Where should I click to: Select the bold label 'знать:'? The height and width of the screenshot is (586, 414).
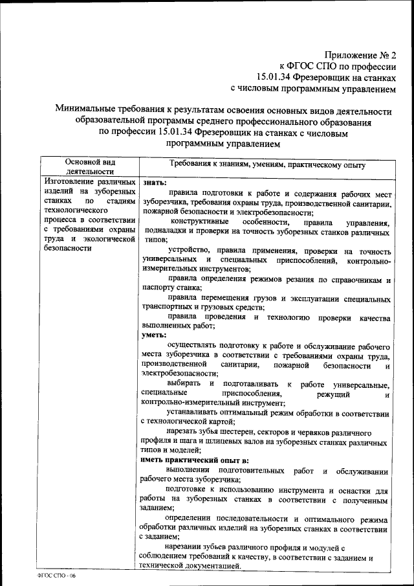click(x=153, y=183)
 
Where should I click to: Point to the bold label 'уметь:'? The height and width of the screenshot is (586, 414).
click(x=153, y=335)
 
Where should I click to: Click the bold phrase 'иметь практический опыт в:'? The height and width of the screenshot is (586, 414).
click(x=194, y=459)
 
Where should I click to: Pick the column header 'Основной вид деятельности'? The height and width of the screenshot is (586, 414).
click(x=91, y=166)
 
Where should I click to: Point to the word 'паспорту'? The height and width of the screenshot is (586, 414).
click(x=158, y=288)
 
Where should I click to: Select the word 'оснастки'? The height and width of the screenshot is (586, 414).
click(x=354, y=491)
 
